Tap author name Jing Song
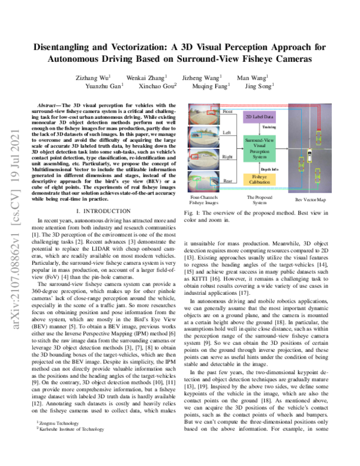[x=260, y=86]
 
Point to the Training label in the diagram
[x=253, y=127]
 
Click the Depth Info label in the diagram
[x=253, y=169]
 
